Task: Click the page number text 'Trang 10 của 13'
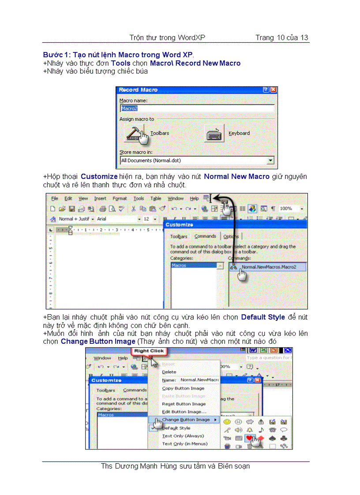click(281, 37)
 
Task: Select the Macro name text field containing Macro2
click(197, 108)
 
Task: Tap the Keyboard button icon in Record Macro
click(215, 133)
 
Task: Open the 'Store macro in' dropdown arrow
click(270, 161)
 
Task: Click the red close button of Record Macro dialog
click(274, 90)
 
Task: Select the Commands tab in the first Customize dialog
click(205, 236)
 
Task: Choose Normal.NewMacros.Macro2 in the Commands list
click(268, 267)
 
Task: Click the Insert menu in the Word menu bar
click(100, 199)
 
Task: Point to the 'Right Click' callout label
click(149, 351)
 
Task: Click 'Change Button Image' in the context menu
click(186, 420)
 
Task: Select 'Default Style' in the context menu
click(176, 428)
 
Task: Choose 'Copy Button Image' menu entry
click(183, 388)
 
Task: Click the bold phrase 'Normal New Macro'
click(236, 177)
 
